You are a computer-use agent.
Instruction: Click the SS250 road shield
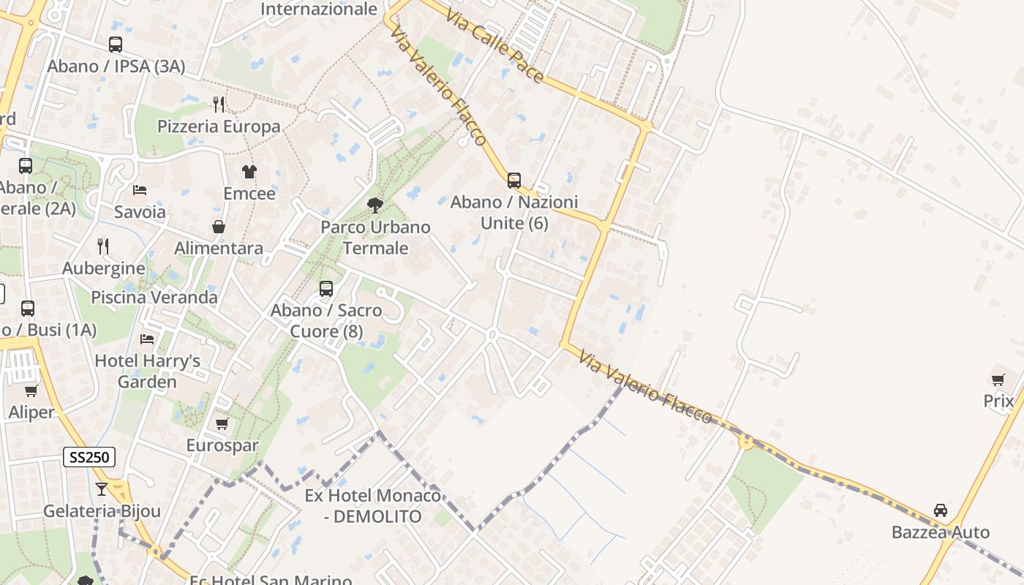coord(89,458)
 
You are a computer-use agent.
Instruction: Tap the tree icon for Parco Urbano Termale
coord(375,205)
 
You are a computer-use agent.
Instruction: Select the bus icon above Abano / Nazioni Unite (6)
coord(514,180)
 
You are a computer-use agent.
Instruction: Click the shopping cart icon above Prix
coord(998,380)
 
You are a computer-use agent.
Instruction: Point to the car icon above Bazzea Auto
coord(941,510)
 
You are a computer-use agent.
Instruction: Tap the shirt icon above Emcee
coord(249,172)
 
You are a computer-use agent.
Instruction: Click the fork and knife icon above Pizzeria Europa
coord(219,105)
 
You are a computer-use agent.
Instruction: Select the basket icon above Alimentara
coord(219,227)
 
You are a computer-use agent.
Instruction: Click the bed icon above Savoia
coord(140,190)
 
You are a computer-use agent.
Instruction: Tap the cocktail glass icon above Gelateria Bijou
coord(102,488)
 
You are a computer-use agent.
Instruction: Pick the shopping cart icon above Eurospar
coord(222,423)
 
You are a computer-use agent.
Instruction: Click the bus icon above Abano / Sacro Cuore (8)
coord(326,289)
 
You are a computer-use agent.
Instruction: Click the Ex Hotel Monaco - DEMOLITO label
coord(373,506)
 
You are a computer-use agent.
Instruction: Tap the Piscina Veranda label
coord(154,298)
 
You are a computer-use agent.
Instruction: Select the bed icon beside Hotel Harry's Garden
coord(147,339)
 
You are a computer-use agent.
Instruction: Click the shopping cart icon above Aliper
coord(31,390)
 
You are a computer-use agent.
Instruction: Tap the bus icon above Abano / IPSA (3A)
coord(116,45)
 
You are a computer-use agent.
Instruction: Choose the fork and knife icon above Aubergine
coord(103,246)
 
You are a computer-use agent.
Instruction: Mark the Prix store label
coord(998,401)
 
